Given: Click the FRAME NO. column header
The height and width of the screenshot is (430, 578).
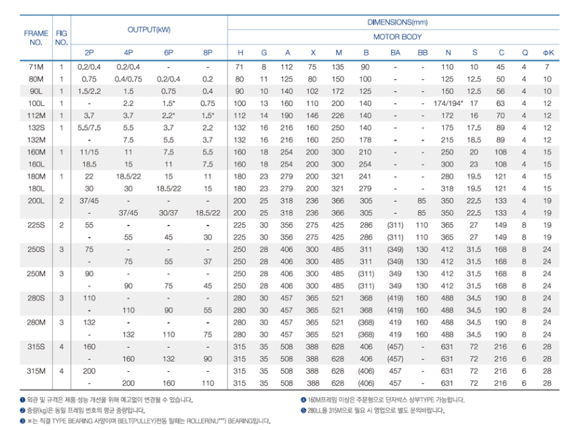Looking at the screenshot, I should pyautogui.click(x=36, y=37).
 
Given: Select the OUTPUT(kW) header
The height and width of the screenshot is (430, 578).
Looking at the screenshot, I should pyautogui.click(x=149, y=30).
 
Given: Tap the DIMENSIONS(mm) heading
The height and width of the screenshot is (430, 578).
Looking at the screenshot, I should pyautogui.click(x=397, y=22).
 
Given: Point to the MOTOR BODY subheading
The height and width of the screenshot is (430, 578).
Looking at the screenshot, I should pyautogui.click(x=398, y=37).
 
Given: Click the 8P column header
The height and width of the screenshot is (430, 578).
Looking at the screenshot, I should pyautogui.click(x=207, y=53).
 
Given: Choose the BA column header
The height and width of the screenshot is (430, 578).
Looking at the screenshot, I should pyautogui.click(x=395, y=53).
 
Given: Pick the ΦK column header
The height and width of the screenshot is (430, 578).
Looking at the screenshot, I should pyautogui.click(x=547, y=53).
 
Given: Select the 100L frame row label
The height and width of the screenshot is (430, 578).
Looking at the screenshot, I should pyautogui.click(x=36, y=103).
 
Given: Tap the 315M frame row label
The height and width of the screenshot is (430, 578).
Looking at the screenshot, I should pyautogui.click(x=36, y=370).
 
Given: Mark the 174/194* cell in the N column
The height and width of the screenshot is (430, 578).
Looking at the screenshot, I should pyautogui.click(x=448, y=103).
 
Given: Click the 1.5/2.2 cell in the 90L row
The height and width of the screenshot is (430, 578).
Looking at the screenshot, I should pyautogui.click(x=89, y=91).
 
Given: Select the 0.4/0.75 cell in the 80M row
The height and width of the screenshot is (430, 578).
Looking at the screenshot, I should pyautogui.click(x=129, y=79).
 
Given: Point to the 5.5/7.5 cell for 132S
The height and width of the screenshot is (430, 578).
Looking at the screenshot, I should pyautogui.click(x=89, y=128).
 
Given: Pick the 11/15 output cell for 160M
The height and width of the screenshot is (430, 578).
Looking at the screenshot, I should pyautogui.click(x=89, y=152).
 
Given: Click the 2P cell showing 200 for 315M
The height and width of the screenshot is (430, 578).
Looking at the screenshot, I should pyautogui.click(x=89, y=370).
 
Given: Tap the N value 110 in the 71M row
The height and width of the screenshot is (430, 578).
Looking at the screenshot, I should pyautogui.click(x=447, y=67).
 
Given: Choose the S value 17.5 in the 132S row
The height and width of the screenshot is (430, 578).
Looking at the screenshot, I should pyautogui.click(x=475, y=128).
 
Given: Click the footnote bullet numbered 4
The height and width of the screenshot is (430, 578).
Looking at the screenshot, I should pyautogui.click(x=303, y=400).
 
